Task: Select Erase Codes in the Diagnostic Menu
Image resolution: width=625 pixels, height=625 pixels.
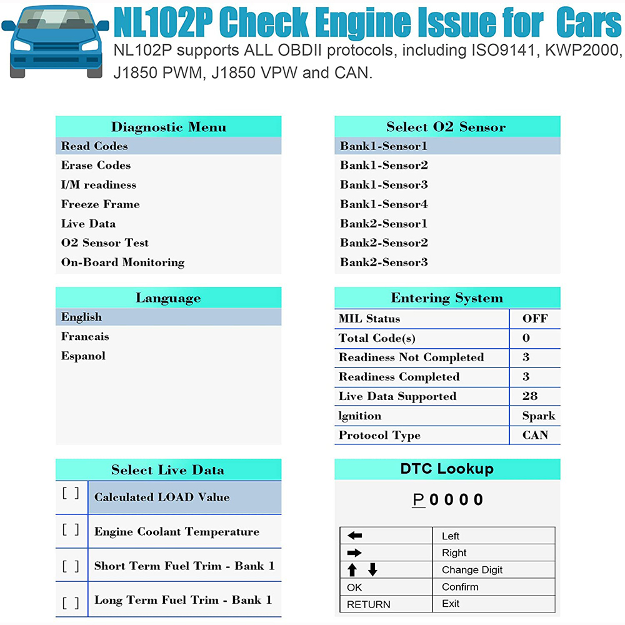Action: click(x=96, y=166)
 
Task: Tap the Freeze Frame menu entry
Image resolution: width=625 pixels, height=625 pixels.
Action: click(x=100, y=204)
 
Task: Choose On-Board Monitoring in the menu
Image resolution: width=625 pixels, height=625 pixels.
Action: click(x=122, y=262)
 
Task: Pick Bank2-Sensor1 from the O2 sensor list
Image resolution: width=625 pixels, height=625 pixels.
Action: click(x=384, y=224)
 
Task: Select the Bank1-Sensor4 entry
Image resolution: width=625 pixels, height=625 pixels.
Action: click(x=384, y=204)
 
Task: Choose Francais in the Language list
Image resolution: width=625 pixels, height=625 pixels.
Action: click(x=85, y=337)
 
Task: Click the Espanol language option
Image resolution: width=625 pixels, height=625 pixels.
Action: click(x=83, y=356)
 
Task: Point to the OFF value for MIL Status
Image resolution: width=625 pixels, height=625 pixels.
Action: click(x=535, y=319)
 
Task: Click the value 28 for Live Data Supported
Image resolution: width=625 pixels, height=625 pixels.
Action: click(x=529, y=396)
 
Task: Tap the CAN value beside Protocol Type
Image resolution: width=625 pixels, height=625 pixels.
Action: click(x=535, y=436)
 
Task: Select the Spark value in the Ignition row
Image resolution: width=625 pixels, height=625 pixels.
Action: click(x=539, y=416)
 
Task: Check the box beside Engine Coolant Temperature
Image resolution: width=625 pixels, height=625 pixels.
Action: click(x=71, y=530)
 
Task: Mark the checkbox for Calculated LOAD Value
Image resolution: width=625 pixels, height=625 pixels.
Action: click(x=71, y=492)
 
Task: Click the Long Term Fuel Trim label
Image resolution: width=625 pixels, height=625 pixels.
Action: click(x=183, y=600)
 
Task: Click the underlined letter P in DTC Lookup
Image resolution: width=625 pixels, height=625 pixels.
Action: click(x=419, y=500)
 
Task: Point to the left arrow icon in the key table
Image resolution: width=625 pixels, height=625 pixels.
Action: click(x=354, y=536)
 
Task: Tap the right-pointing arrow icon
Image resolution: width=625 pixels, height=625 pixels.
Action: click(x=354, y=552)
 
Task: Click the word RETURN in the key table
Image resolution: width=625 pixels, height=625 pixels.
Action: click(x=368, y=604)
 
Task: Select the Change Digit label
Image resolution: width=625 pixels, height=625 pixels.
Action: click(x=472, y=570)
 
